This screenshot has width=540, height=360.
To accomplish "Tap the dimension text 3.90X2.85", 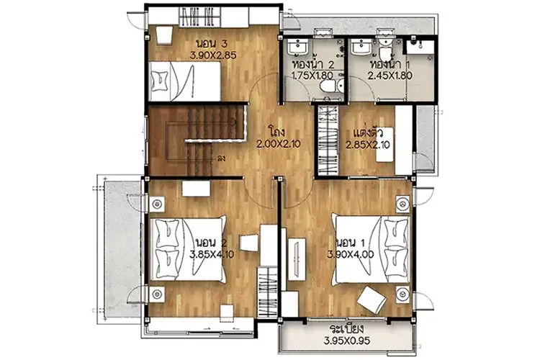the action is coord(213,55).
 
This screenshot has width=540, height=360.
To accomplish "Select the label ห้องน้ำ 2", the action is coord(312,64).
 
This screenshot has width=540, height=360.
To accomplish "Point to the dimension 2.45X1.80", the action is coord(390,76).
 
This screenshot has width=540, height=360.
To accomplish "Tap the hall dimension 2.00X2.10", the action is coord(278,144).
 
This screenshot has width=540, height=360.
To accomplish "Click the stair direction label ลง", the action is coord(222,159).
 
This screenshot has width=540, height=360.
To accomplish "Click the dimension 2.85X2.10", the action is coord(368,145).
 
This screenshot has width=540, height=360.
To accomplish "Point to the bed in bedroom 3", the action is coord(185,81).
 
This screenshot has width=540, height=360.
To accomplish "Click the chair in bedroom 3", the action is coord(164,35).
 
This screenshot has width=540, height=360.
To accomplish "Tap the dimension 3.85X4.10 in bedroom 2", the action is coord(212,255).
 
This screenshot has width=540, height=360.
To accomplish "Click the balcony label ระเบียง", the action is coord(347,328).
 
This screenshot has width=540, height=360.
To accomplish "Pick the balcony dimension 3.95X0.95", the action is coord(347,341).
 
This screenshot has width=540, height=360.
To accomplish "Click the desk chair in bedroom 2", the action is coord(248,243).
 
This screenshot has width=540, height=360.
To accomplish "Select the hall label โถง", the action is coord(278,132).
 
